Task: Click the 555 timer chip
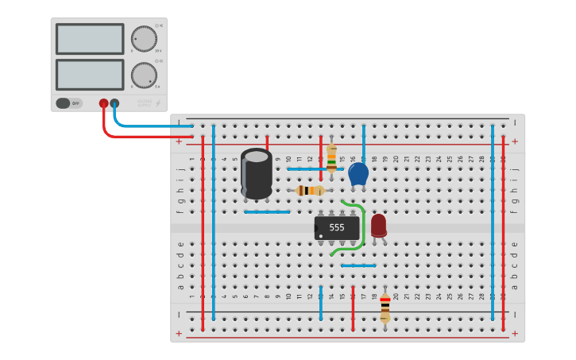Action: (337, 228)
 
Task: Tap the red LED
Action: (378, 225)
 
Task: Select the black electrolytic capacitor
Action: (257, 172)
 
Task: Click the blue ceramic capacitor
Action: (358, 174)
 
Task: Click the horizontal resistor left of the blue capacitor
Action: (310, 190)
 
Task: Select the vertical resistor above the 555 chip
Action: (331, 159)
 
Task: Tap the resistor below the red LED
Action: (385, 306)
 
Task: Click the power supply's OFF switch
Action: (68, 103)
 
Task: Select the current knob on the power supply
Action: (144, 75)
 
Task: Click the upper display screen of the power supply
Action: (90, 39)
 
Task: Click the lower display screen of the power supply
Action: (90, 75)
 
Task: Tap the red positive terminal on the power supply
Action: (103, 103)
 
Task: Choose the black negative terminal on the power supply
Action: (114, 103)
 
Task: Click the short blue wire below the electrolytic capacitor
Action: (267, 212)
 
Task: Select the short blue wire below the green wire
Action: (358, 265)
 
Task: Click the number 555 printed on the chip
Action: (337, 227)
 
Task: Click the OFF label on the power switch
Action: (75, 103)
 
